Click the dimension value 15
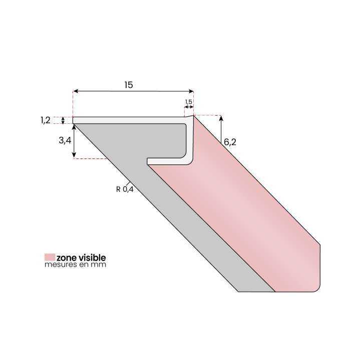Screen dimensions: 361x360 pos(129,85)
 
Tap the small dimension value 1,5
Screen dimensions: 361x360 pos(189,102)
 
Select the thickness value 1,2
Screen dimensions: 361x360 pos(45,120)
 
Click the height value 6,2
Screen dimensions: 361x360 pos(230,142)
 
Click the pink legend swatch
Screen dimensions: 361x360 pos(50,257)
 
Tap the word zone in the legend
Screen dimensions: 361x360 pos(66,257)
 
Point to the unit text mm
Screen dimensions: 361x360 pos(100,264)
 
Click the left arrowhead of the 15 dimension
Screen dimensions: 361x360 pos(76,91)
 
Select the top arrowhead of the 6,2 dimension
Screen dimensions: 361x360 pos(221,118)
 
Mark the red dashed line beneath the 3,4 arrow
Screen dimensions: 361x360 pos(91,158)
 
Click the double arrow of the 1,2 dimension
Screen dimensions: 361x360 pos(63,120)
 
